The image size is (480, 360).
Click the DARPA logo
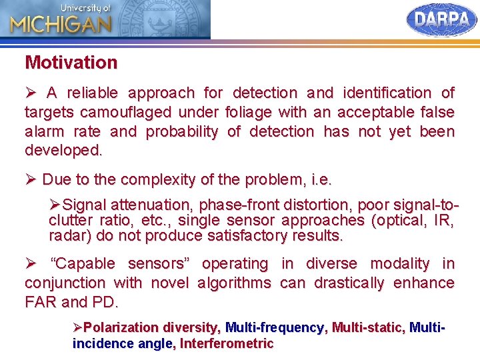(441, 20)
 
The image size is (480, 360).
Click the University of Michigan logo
(60, 20)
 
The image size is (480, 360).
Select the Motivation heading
(71, 63)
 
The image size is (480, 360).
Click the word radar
(69, 235)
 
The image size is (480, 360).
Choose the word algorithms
(234, 283)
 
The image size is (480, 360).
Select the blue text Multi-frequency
(274, 327)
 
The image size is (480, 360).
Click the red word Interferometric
(227, 344)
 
